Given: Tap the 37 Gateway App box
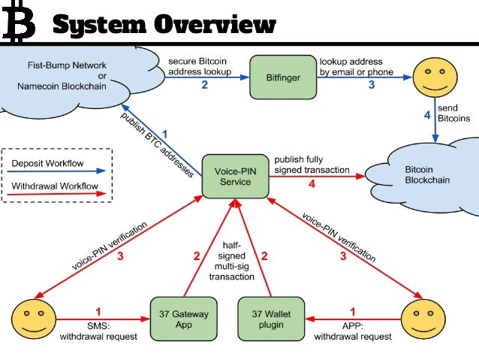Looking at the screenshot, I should point(184,319).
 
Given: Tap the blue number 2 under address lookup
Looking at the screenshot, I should point(203,85).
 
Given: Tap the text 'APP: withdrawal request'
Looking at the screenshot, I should point(353,331).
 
